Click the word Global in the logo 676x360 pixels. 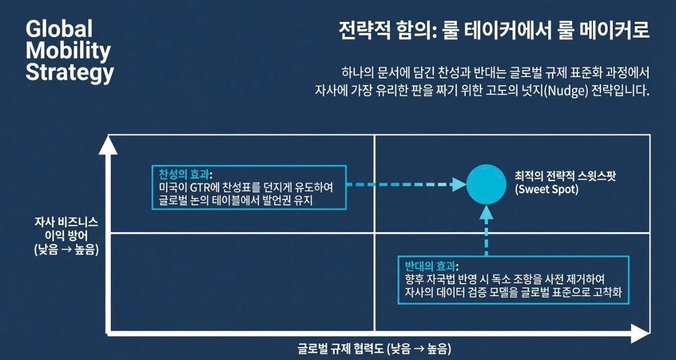click(x=59, y=29)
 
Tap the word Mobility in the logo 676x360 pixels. click(x=68, y=51)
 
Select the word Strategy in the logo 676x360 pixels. click(x=70, y=73)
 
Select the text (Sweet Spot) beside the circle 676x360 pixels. click(x=547, y=190)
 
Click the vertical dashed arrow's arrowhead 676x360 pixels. click(x=487, y=212)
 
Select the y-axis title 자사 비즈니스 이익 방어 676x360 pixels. click(x=66, y=236)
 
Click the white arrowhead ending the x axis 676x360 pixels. click(x=638, y=334)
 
